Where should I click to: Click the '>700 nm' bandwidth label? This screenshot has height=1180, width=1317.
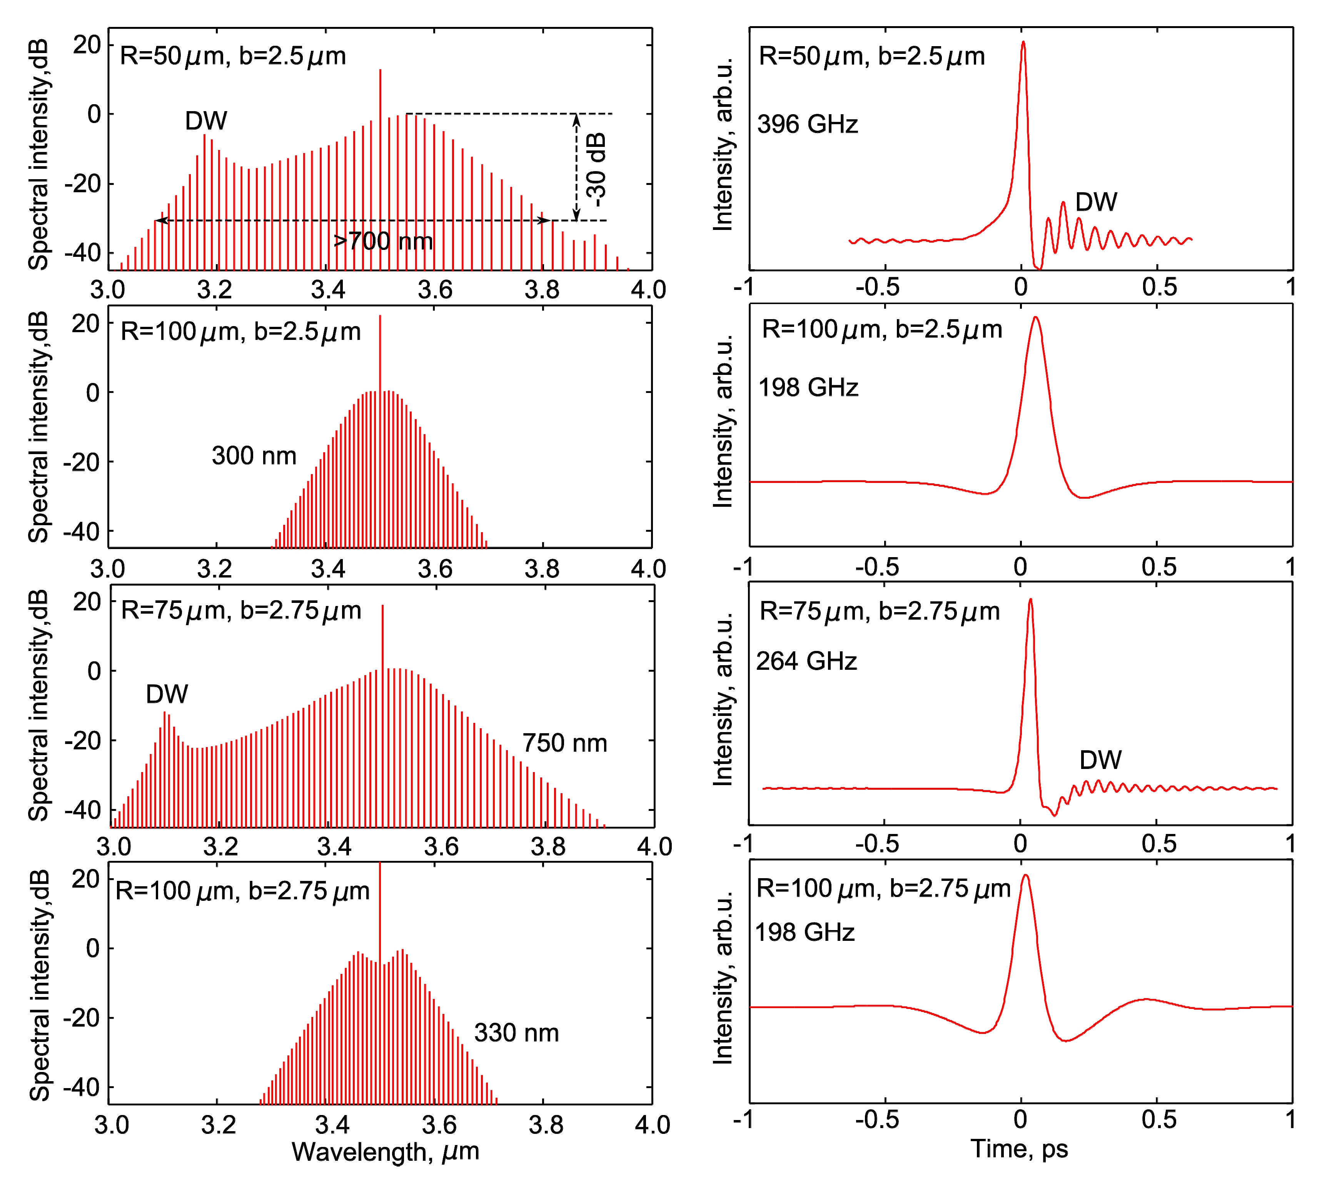pyautogui.click(x=383, y=241)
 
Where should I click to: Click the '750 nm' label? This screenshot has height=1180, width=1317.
pyautogui.click(x=564, y=743)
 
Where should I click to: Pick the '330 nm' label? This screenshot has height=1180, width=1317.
pyautogui.click(x=516, y=1033)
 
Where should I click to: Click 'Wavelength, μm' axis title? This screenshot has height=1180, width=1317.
pyautogui.click(x=386, y=1152)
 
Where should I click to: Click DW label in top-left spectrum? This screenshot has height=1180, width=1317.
pyautogui.click(x=206, y=121)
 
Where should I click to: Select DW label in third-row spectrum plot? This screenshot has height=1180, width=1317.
pyautogui.click(x=167, y=694)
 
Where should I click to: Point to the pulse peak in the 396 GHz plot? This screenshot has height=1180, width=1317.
pyautogui.click(x=1023, y=43)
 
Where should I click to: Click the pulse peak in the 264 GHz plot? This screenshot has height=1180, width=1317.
pyautogui.click(x=1030, y=600)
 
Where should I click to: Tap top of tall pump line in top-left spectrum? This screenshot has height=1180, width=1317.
pyautogui.click(x=380, y=70)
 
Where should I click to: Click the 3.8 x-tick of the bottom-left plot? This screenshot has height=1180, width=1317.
pyautogui.click(x=546, y=1125)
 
